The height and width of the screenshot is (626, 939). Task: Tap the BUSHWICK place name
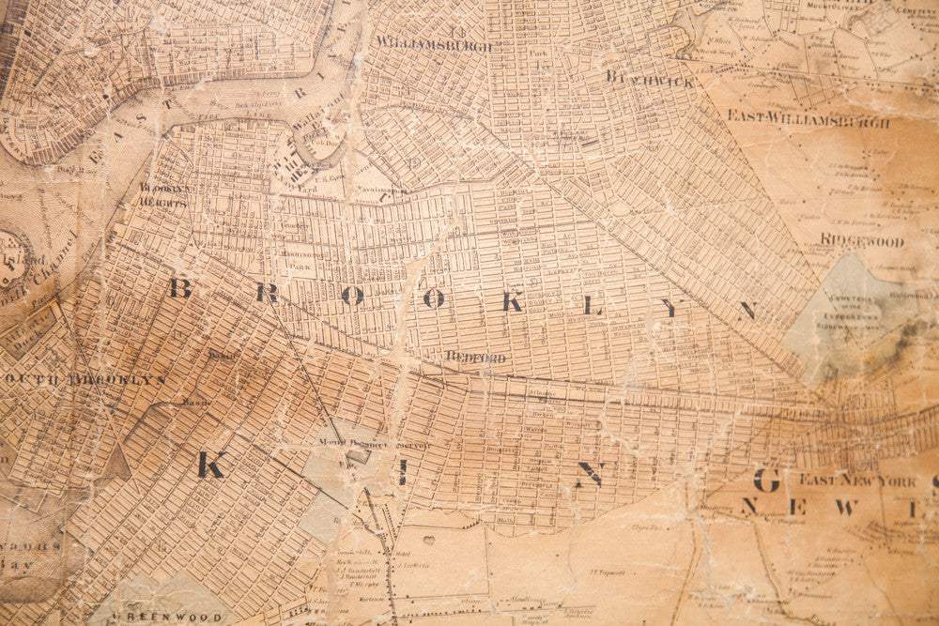650,79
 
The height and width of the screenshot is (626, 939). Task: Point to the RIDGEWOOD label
861,241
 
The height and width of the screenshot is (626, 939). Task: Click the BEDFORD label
475,358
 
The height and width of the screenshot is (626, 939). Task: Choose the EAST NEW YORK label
857,480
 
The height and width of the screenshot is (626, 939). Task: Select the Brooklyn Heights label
167,194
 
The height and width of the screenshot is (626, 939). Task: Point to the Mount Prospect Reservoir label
373,444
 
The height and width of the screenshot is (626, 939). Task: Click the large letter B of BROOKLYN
179,288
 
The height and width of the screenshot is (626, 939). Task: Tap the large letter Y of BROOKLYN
670,307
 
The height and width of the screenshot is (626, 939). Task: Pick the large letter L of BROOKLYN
592,305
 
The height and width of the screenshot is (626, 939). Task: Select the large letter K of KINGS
210,465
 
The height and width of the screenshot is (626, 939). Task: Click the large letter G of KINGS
766,481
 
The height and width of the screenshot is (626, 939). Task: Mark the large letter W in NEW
845,508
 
